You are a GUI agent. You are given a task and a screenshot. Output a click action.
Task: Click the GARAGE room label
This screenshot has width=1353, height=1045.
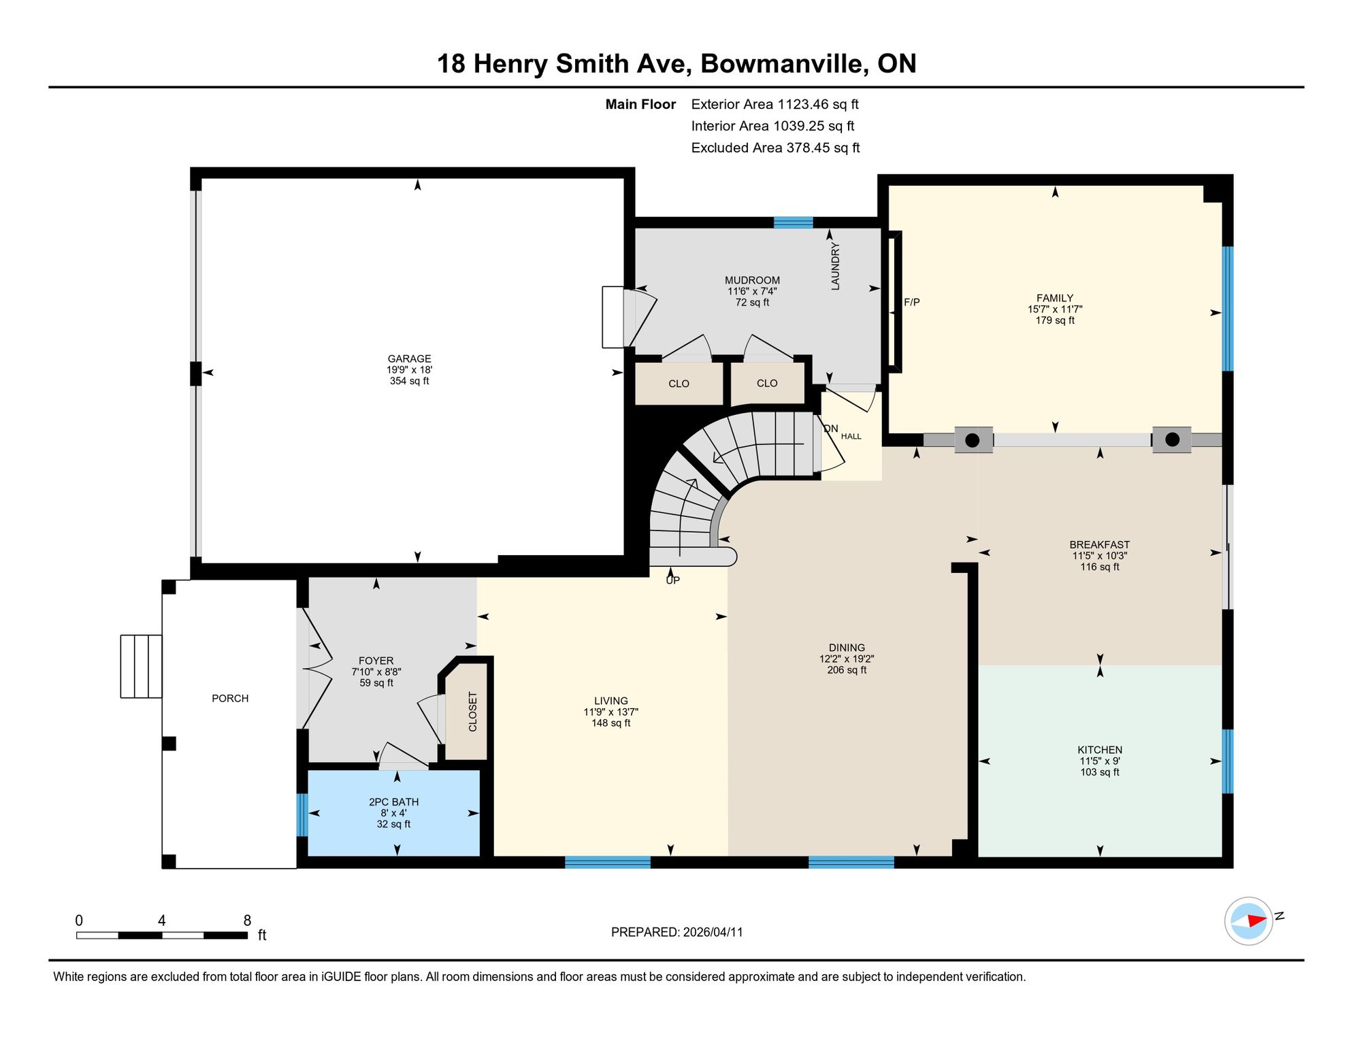410,359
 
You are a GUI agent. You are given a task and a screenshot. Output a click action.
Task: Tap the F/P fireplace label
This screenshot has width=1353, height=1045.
912,302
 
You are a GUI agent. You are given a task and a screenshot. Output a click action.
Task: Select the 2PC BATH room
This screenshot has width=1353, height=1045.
394,813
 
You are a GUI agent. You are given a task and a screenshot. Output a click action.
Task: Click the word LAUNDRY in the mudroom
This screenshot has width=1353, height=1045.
835,267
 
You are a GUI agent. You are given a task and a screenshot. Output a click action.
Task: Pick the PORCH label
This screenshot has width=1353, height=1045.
230,699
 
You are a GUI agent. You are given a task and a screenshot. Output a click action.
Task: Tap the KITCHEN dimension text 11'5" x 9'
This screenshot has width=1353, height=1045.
1100,761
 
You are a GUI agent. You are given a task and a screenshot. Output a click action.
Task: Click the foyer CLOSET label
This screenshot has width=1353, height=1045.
473,712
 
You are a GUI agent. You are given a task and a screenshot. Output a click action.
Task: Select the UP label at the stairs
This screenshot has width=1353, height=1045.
672,580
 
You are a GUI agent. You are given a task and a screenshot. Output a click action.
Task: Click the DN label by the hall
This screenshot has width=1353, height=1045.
831,429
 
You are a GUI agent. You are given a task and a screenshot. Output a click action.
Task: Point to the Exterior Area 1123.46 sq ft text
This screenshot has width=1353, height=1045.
775,104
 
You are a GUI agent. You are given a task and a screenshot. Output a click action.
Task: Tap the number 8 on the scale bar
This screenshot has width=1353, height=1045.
247,920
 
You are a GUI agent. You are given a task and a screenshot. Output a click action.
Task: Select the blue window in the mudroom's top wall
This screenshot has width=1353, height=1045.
793,222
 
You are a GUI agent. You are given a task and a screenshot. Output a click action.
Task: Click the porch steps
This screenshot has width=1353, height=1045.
141,666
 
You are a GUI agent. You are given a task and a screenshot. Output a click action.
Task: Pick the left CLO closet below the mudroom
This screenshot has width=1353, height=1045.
679,384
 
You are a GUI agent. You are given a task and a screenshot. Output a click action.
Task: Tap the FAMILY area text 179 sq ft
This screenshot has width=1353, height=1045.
1055,320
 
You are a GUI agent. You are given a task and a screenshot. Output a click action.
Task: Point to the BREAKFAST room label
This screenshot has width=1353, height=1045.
1099,545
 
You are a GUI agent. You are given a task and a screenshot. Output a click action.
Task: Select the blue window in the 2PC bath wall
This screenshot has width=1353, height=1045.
302,814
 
